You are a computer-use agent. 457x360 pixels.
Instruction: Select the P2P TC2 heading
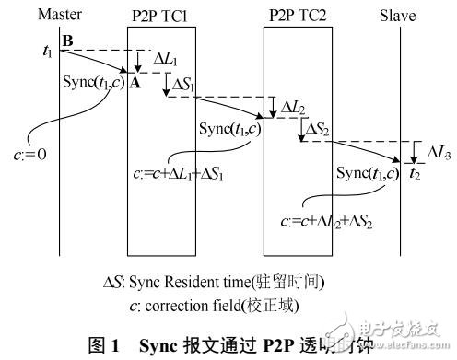point(297,14)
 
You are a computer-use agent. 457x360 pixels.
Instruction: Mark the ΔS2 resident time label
point(322,128)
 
